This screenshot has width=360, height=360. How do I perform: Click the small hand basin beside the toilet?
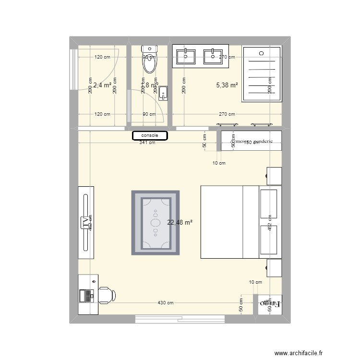pyautogui.click(x=163, y=92)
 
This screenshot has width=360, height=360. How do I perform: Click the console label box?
pyautogui.click(x=150, y=136)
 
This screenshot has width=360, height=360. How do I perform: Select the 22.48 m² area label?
pyautogui.click(x=180, y=222)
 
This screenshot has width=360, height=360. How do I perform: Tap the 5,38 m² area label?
pyautogui.click(x=227, y=85)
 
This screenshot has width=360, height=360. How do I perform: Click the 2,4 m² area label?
pyautogui.click(x=102, y=85)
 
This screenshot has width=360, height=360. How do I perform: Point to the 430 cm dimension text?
pyautogui.click(x=166, y=303)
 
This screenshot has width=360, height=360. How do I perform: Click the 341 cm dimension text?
pyautogui.click(x=147, y=143)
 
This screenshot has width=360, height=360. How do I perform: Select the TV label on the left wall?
pyautogui.click(x=86, y=222)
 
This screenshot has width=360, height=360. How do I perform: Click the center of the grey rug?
pyautogui.click(x=156, y=223)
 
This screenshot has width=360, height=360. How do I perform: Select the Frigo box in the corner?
pyautogui.click(x=270, y=304)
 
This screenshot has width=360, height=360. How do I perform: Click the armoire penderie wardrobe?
pyautogui.click(x=251, y=141)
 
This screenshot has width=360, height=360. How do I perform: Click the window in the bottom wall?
pyautogui.click(x=180, y=318)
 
